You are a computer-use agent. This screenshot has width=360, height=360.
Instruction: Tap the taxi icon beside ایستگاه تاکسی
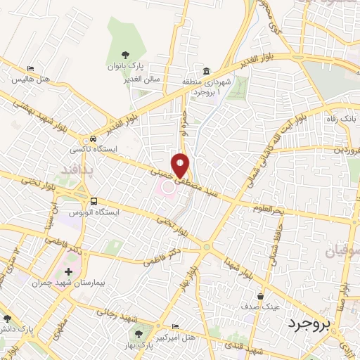point(94,139)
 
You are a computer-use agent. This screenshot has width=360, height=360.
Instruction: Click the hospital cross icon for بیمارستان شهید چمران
point(68,271)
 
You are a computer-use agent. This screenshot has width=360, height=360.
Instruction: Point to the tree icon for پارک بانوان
point(125,54)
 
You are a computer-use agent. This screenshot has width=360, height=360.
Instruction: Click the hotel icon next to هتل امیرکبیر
point(175,327)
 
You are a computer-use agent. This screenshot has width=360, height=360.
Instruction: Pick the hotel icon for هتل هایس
point(30,68)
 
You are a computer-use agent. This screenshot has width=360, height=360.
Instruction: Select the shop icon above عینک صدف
point(261,296)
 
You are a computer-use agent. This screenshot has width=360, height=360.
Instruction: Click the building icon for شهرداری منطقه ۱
point(206,71)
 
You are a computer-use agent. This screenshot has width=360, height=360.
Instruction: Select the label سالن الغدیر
point(143,79)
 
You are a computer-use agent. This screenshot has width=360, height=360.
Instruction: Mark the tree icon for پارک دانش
point(6,318)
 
